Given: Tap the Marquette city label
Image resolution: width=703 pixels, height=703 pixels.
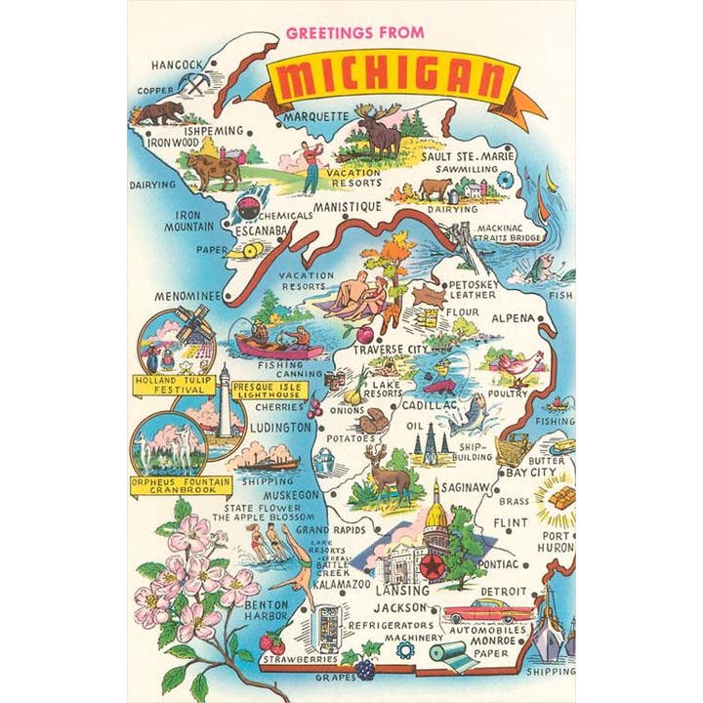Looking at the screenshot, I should pos(315,116).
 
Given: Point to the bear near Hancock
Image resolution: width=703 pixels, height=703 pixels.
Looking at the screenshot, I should pos(158,113).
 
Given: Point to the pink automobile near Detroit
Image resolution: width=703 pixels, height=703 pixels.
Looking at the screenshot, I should pos(487,612).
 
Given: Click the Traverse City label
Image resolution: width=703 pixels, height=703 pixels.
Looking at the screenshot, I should pos(391,349).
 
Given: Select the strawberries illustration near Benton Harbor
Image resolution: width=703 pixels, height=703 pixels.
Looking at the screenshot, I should pos(270,644).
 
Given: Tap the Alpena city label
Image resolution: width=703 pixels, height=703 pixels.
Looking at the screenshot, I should pos(513,318).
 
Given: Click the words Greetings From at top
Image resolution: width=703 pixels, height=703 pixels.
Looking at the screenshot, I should pos(354,32).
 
